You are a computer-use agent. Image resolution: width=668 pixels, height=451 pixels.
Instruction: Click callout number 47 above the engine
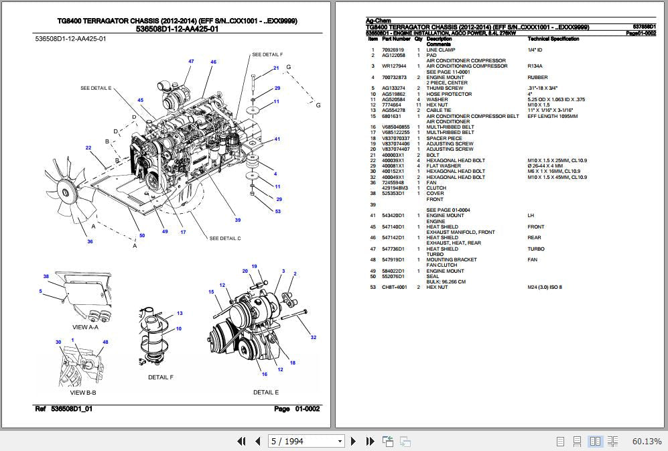click(x=191, y=62)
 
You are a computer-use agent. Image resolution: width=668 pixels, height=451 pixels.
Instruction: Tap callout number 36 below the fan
click(x=90, y=241)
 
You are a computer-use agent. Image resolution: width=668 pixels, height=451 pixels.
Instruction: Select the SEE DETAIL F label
click(x=267, y=54)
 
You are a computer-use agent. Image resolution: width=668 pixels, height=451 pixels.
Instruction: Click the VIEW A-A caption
click(x=84, y=327)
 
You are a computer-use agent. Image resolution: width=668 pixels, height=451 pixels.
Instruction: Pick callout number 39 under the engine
click(x=237, y=220)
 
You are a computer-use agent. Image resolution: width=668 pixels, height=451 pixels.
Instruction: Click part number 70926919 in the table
click(x=393, y=50)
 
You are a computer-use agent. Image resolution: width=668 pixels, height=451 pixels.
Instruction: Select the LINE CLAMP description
click(x=440, y=50)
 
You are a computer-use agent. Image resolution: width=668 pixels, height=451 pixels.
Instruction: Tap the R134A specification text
click(x=535, y=66)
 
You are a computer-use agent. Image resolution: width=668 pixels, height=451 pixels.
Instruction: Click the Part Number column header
click(x=396, y=39)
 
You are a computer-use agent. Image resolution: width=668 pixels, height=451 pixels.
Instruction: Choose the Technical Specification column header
click(x=553, y=39)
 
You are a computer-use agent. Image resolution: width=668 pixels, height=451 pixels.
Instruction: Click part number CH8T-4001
click(x=394, y=287)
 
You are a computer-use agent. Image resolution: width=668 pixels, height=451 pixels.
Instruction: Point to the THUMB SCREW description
click(x=444, y=88)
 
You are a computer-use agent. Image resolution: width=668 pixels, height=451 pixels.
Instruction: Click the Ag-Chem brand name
click(x=377, y=21)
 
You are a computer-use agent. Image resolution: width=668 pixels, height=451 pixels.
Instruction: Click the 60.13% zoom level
click(x=647, y=441)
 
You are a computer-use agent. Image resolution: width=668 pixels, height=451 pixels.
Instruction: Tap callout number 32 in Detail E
click(x=313, y=338)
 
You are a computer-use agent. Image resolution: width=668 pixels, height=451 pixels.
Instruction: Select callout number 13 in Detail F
click(x=180, y=314)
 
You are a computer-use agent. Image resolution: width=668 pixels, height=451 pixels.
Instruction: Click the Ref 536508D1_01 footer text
click(x=64, y=409)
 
